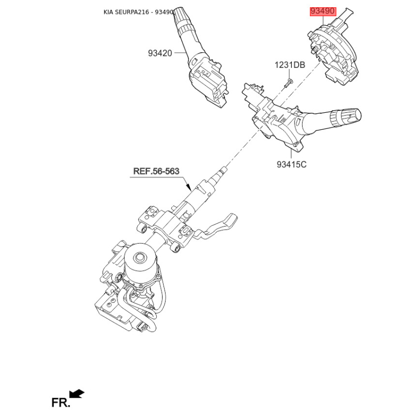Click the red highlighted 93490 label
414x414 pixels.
pos(323,11)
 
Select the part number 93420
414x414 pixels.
pos(160,53)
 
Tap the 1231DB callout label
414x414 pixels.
pos(290,65)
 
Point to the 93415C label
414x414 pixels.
pos(291,164)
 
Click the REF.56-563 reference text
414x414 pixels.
pos(156,171)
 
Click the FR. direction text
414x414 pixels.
pos(61,403)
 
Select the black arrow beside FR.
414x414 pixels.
pos(77,394)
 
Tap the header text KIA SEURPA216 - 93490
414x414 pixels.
pos(138,12)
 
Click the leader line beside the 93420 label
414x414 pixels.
pos(180,53)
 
